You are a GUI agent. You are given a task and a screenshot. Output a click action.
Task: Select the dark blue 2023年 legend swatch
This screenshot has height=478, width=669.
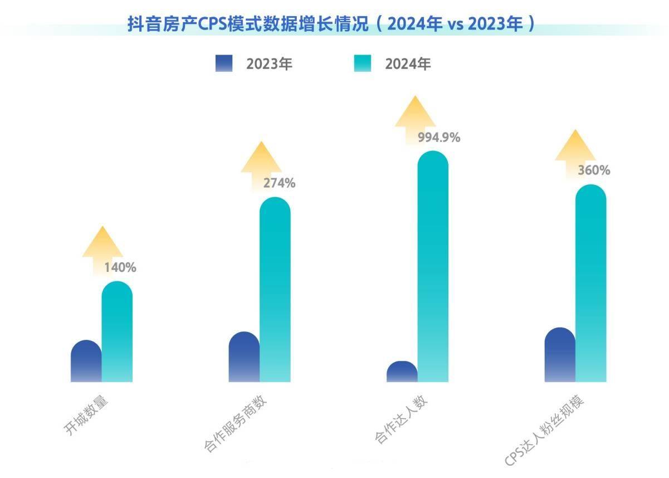click(224, 64)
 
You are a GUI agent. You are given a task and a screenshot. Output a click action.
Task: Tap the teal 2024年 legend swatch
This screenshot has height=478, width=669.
click(363, 64)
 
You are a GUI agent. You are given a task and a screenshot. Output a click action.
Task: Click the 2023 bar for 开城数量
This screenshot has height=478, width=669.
click(86, 362)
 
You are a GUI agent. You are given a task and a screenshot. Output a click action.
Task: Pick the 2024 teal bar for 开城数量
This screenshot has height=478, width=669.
click(117, 333)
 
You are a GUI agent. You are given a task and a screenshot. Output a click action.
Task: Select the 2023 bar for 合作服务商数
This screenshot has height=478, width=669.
click(244, 358)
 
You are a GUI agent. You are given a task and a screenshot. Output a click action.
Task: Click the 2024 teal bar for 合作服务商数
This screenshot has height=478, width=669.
click(275, 290)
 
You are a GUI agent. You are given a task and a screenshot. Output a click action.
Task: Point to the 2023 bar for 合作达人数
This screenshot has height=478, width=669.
click(402, 372)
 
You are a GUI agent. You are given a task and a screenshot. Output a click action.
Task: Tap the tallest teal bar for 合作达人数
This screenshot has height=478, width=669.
click(433, 267)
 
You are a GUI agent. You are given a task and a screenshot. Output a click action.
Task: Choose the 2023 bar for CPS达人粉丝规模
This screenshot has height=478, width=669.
click(560, 355)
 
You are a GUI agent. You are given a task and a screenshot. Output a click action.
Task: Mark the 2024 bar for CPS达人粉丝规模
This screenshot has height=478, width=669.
click(590, 284)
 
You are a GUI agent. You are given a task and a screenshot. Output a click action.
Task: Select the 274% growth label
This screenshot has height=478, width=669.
click(279, 183)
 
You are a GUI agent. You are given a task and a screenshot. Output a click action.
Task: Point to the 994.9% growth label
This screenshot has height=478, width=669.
click(439, 138)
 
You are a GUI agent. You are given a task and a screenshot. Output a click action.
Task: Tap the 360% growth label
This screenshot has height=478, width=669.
click(593, 170)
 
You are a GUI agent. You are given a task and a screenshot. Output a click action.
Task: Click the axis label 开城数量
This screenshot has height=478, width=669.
click(86, 415)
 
